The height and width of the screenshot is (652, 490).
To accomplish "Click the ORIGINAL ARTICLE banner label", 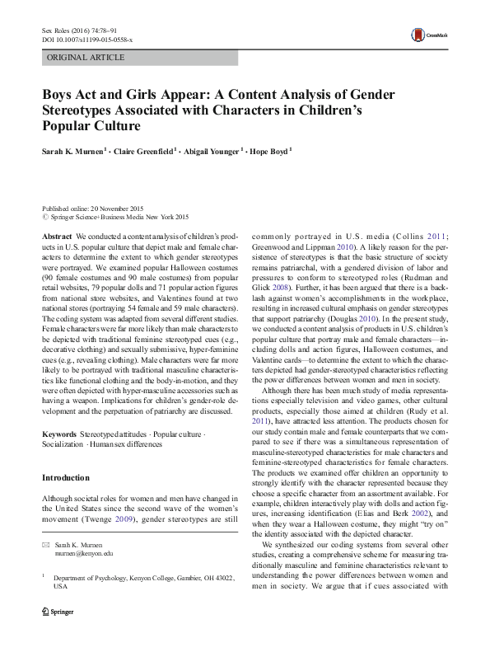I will point(86,59).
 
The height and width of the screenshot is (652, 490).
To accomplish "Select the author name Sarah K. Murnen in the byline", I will point(76,152).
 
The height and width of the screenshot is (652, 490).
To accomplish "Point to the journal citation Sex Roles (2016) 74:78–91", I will point(75,29).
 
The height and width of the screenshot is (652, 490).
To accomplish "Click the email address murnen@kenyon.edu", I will point(85,576).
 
